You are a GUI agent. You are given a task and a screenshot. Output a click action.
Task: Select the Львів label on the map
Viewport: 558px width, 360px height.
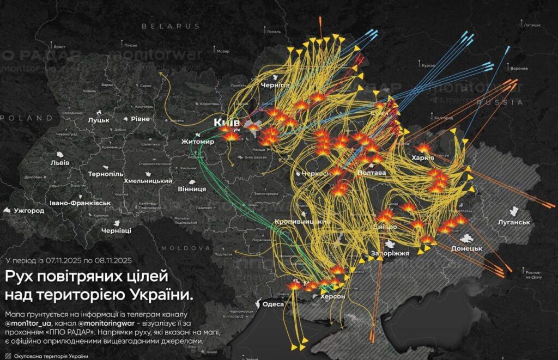(60, 163)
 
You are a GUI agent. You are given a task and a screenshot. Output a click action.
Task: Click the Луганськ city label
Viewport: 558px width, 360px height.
(514, 222)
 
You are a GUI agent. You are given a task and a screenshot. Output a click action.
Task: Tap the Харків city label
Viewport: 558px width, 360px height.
(423, 158)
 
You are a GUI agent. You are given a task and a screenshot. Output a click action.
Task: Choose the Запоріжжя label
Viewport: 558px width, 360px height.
(390, 253)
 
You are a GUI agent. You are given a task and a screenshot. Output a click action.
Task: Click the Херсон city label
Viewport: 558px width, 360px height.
(332, 296)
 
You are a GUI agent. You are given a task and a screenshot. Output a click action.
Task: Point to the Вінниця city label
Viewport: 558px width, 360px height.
(192, 189)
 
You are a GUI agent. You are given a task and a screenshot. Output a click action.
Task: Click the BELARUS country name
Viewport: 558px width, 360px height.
(171, 26)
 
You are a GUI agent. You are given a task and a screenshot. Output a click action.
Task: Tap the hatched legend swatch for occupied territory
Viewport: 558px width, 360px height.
(8, 356)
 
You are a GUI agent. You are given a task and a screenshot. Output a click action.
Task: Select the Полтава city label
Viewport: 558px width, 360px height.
(371, 173)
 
